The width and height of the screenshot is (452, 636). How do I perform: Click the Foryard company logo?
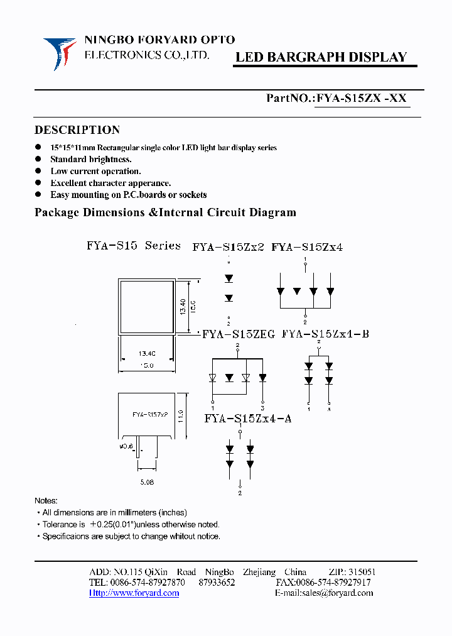point(60,53)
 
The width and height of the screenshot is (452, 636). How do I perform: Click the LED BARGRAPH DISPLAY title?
point(321,57)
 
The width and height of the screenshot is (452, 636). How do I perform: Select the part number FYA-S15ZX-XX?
point(362,98)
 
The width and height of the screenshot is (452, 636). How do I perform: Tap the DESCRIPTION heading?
point(77,130)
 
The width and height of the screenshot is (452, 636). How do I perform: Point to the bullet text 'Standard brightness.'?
point(91,160)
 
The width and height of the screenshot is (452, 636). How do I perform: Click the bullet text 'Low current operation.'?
point(95,171)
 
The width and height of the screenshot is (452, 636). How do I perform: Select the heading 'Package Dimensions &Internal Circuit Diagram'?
point(165,212)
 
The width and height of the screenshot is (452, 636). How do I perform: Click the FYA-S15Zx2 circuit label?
point(228,248)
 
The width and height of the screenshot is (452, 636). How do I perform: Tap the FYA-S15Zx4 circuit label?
point(307,248)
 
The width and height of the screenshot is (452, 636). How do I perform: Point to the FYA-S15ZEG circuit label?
point(239,335)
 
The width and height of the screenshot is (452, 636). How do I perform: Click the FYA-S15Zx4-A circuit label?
point(247,419)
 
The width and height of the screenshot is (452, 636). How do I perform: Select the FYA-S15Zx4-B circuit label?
point(325,334)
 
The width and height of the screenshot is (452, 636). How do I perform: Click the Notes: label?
point(46,501)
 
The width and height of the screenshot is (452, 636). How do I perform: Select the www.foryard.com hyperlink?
point(134,593)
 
